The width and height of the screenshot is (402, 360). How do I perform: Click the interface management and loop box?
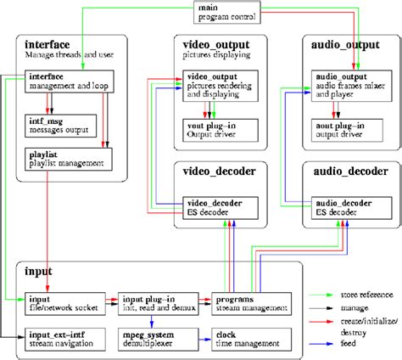tap(64, 81)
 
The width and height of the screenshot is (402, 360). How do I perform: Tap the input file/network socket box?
tap(63, 302)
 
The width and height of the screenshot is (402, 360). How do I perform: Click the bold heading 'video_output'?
tap(215, 42)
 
